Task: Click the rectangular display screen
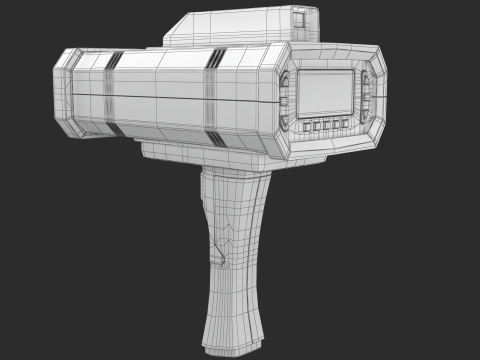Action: pyautogui.click(x=326, y=93)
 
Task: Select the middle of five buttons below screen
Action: pyautogui.click(x=327, y=125)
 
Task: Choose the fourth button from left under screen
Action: pyautogui.click(x=336, y=125)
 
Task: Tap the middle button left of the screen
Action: pyautogui.click(x=286, y=101)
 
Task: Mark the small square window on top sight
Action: pyautogui.click(x=300, y=17)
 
